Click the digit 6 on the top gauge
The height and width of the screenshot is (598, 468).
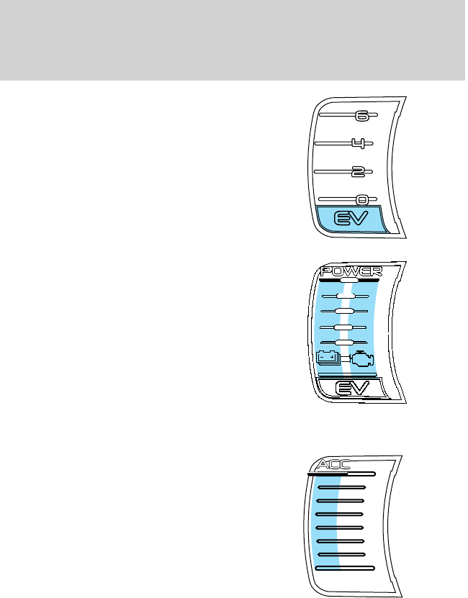362,114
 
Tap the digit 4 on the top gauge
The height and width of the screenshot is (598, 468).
358,143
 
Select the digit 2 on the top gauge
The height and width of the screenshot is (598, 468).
358,171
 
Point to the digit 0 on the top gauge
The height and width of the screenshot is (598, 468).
362,199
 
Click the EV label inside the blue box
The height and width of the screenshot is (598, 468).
350,217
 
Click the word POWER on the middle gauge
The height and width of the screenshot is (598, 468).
351,271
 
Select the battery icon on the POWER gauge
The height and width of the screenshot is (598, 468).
328,356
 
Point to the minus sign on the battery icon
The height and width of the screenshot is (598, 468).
323,355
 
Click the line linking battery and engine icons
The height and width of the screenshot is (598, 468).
345,356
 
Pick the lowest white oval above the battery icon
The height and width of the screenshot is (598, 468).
345,341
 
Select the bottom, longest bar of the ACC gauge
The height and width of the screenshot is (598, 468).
345,568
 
